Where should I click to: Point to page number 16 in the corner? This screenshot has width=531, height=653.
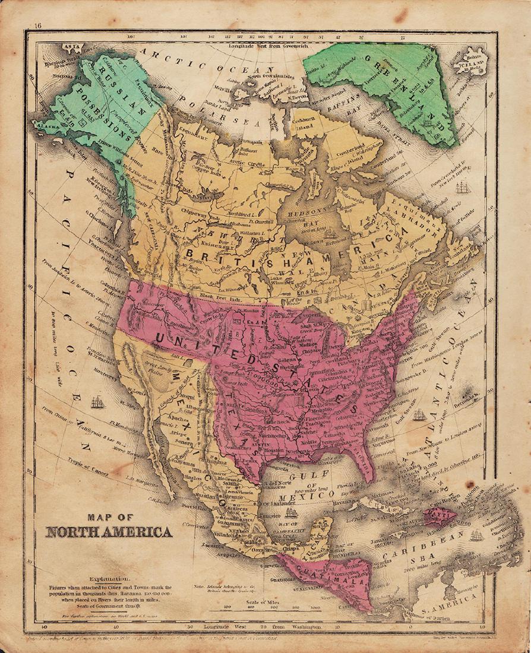(38, 25)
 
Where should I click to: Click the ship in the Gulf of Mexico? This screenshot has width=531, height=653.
(290, 513)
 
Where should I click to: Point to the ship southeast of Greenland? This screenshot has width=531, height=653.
(463, 189)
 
